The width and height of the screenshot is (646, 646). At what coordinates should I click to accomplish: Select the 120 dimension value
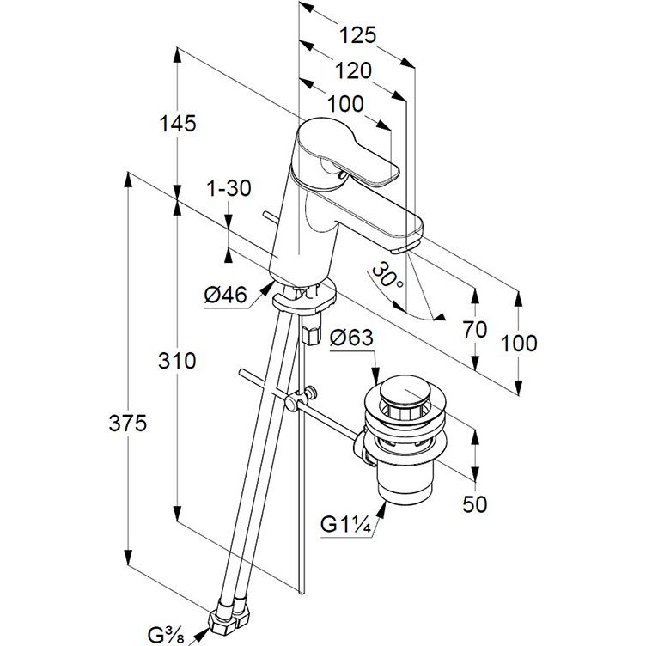[353, 70]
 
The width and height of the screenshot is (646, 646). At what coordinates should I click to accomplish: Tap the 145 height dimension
[177, 123]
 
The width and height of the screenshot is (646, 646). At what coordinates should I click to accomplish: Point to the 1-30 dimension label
[229, 189]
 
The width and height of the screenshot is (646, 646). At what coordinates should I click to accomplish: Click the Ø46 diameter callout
[225, 296]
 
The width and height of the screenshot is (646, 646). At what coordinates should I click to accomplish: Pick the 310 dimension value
[177, 361]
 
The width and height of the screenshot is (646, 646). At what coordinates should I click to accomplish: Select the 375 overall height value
[127, 423]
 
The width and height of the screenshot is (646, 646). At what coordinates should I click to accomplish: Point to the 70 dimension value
[474, 329]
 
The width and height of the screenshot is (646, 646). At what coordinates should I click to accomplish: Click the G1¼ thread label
[348, 524]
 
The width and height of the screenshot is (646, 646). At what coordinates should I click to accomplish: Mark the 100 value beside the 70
[519, 344]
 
